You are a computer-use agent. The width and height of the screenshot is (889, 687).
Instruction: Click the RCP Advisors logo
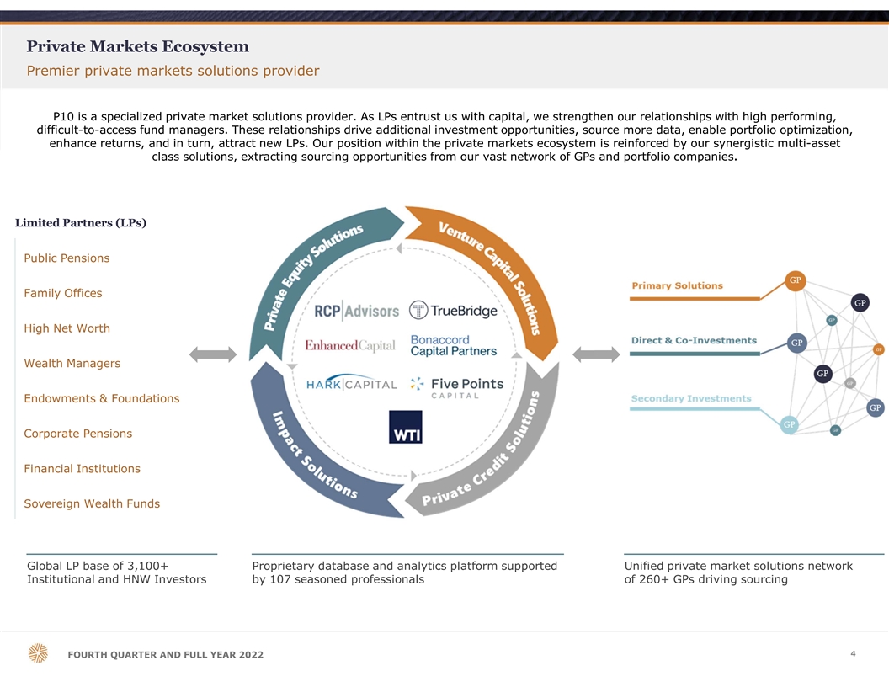pos(357,311)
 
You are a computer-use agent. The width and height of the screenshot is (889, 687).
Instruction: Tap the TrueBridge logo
pos(453,311)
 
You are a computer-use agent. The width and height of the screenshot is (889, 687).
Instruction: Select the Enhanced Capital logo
pos(350,345)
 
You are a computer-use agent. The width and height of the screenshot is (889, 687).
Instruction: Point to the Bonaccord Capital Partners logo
pos(454,345)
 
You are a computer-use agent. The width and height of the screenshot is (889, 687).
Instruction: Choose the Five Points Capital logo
pos(457,388)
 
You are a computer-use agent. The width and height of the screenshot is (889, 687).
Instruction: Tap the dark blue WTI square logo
pos(406,427)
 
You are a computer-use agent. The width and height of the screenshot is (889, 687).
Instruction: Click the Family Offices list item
pos(63,293)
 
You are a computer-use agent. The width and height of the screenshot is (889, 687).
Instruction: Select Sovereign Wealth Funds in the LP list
pos(92,503)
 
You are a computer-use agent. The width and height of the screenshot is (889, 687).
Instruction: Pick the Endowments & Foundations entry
pos(102,398)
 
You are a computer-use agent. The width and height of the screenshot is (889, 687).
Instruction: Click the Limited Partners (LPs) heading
pos(81,223)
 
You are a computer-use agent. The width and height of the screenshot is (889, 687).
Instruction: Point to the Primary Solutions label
pos(678,285)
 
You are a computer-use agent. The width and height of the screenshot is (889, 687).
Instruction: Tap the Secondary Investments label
pos(691,398)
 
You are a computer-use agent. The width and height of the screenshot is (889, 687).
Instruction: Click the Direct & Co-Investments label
pos(694,340)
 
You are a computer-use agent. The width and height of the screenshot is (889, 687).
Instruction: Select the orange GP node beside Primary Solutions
pos(796,280)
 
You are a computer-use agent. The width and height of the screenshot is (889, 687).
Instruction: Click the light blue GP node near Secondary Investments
pos(789,424)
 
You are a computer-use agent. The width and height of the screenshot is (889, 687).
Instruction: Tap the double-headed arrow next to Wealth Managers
pos(213,354)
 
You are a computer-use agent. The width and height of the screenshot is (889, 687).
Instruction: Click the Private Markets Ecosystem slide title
pos(138,46)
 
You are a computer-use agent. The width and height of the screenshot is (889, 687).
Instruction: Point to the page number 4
pos(853,653)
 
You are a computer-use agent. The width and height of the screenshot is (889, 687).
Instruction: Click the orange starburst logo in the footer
pos(38,653)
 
